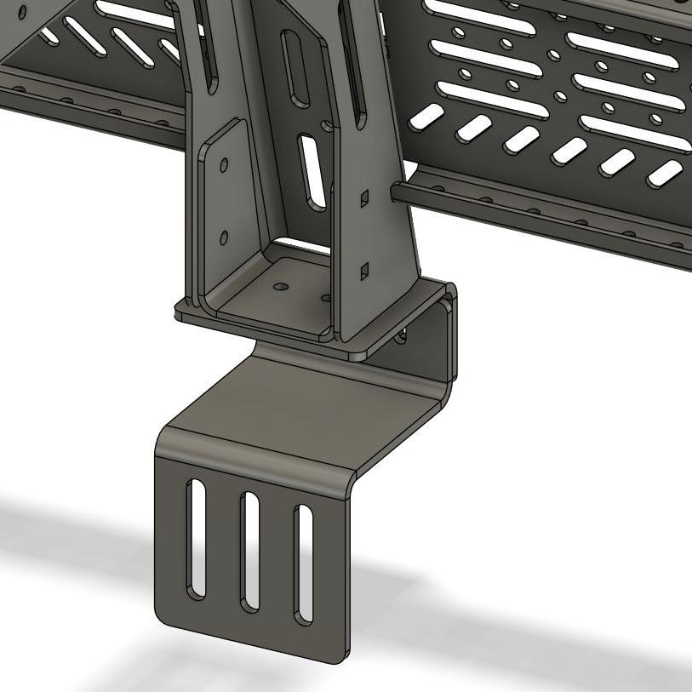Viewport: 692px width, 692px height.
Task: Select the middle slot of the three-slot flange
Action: pyautogui.click(x=249, y=552)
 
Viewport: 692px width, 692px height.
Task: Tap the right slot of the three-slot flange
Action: pyautogui.click(x=302, y=564)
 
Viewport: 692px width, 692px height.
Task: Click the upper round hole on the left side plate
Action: pyautogui.click(x=224, y=165)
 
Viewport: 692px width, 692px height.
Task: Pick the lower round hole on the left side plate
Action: pyautogui.click(x=224, y=237)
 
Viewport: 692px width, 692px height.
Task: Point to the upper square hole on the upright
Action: pyautogui.click(x=364, y=199)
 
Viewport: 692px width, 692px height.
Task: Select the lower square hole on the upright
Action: pyautogui.click(x=364, y=271)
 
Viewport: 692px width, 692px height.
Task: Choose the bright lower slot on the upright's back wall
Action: pyautogui.click(x=311, y=170)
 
